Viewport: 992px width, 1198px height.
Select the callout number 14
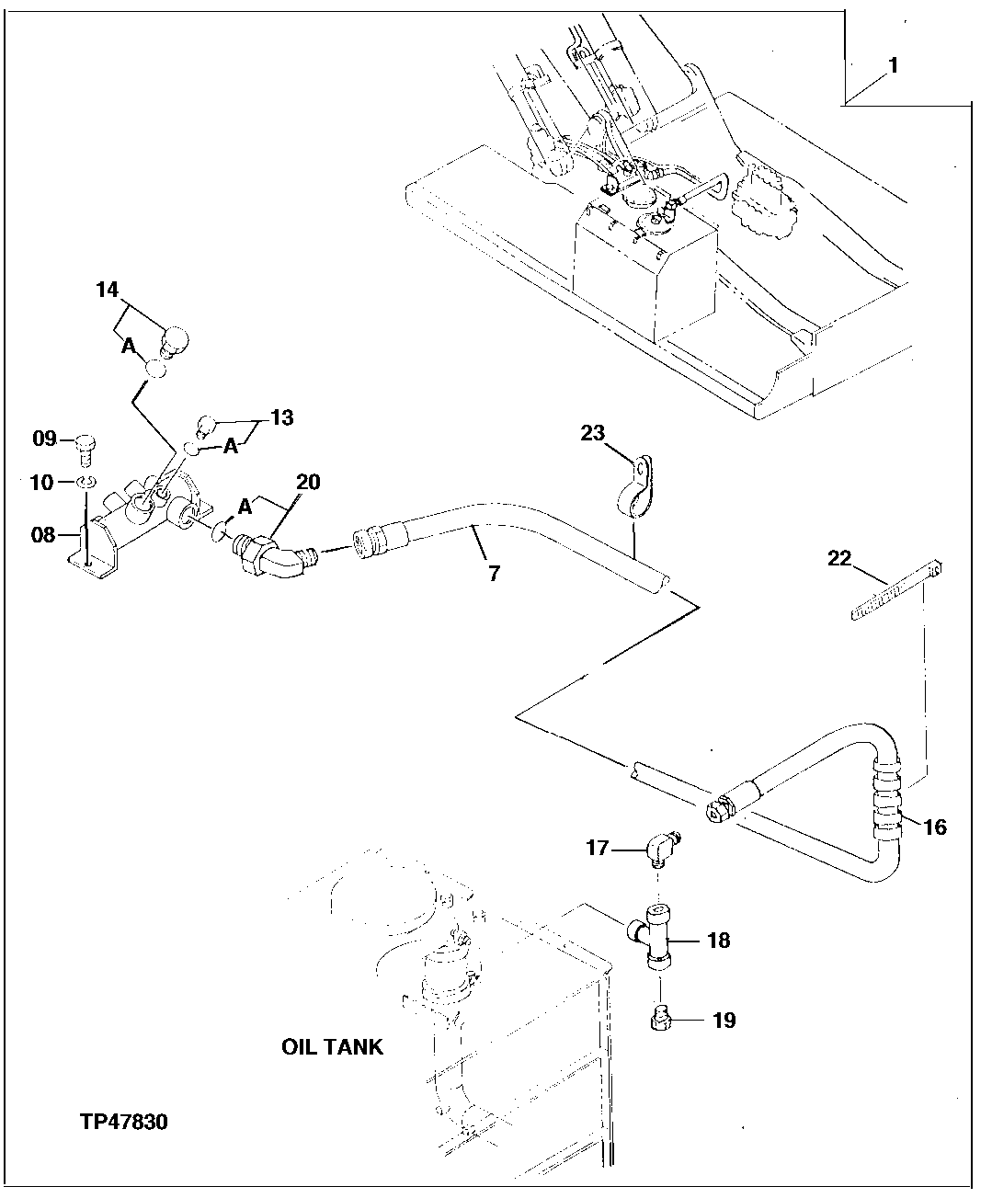coord(108,291)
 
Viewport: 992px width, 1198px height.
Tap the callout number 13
coord(282,418)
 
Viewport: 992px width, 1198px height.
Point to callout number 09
coord(45,439)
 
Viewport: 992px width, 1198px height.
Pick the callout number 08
coord(44,534)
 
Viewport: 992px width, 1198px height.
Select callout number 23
coord(593,432)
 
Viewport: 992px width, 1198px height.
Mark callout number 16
coord(934,827)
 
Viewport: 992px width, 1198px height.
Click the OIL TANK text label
coord(332,1047)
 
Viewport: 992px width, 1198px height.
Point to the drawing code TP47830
coord(123,1123)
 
